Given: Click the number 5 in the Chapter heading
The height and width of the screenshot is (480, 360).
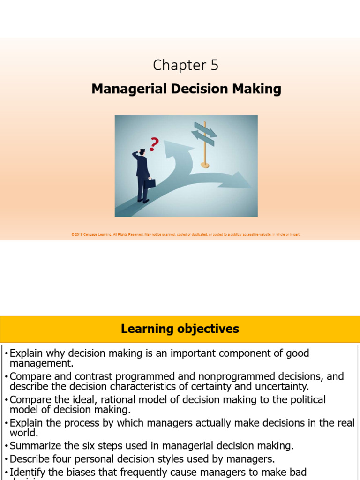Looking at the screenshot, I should [x=214, y=66].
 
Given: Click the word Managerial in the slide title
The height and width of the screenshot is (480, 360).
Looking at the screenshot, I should [x=123, y=89].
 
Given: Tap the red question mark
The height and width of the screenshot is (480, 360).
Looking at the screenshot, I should [x=154, y=144].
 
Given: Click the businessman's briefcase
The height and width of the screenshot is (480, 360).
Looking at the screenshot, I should [x=150, y=183].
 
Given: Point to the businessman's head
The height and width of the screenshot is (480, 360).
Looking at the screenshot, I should [x=142, y=152].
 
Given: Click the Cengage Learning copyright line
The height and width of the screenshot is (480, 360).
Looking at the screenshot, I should [x=186, y=234].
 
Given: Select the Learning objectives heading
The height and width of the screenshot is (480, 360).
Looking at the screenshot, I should [x=180, y=329].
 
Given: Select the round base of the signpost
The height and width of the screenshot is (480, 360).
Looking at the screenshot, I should [x=205, y=165].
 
